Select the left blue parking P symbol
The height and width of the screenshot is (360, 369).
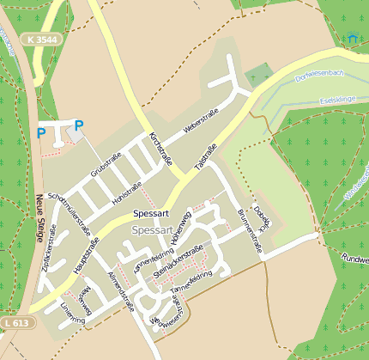click(x=40, y=133)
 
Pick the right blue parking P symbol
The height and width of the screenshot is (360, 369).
click(x=79, y=125)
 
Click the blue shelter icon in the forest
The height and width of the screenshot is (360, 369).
click(x=352, y=38)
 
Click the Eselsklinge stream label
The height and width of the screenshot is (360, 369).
click(x=336, y=99)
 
